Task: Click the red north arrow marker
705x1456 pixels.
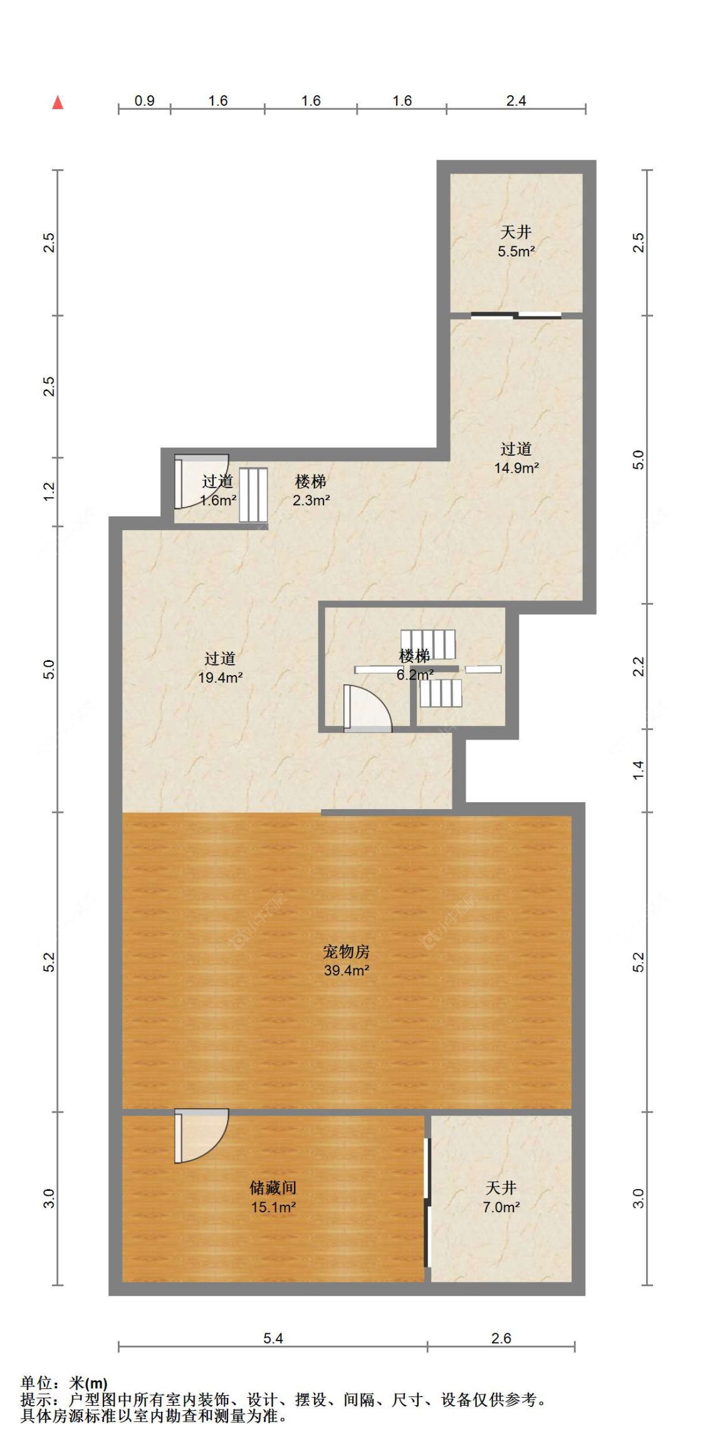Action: (58, 102)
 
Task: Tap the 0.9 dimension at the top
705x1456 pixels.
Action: (144, 100)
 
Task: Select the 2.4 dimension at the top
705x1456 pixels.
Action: (516, 100)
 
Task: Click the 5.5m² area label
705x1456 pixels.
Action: (516, 252)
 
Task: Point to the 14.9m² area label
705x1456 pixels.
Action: (516, 468)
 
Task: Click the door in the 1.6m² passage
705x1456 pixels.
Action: (199, 481)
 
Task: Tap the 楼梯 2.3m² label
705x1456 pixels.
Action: (311, 491)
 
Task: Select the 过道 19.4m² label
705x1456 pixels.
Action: (220, 668)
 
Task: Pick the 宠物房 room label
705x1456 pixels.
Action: (346, 951)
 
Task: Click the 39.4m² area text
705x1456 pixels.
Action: (346, 971)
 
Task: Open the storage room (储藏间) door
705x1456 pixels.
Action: (199, 1136)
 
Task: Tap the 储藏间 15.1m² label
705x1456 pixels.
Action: (273, 1197)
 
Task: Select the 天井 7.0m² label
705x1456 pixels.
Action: (501, 1197)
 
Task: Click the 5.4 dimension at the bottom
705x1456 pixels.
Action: (273, 1338)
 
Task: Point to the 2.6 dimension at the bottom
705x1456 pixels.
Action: (501, 1338)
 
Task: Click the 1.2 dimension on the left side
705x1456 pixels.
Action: (50, 491)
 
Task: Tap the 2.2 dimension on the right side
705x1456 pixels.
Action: (638, 666)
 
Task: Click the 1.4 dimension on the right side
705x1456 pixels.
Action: (638, 770)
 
